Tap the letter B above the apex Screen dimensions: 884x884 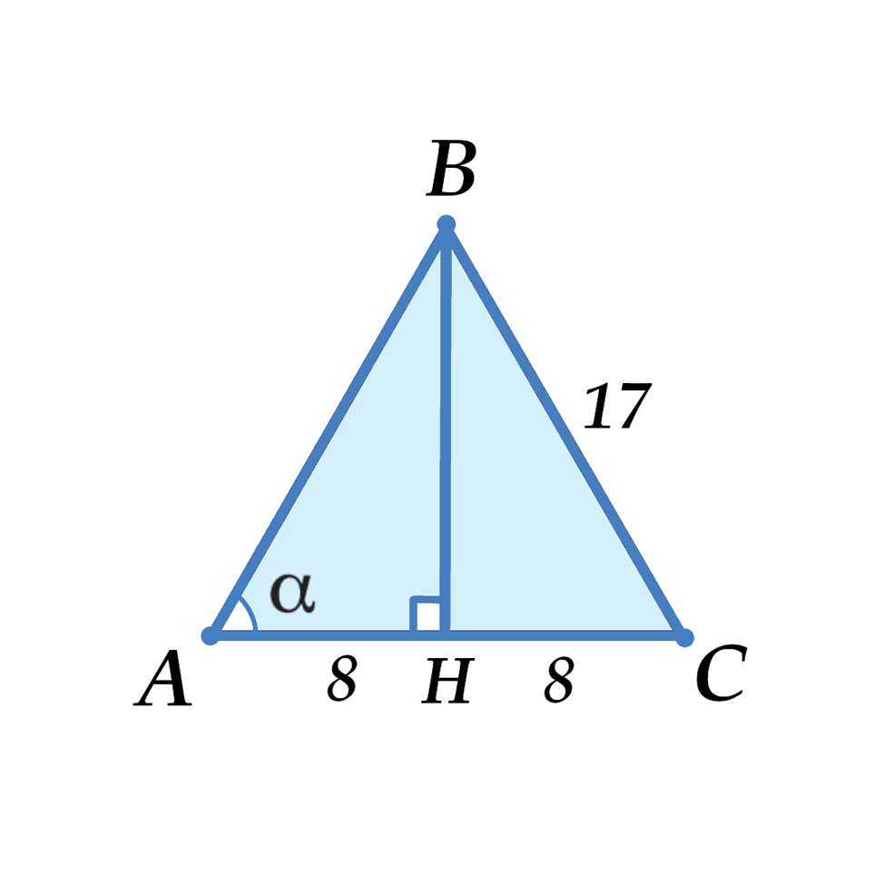pyautogui.click(x=452, y=170)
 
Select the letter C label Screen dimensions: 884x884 pyautogui.click(x=721, y=676)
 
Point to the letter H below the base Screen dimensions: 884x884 pyautogui.click(x=448, y=683)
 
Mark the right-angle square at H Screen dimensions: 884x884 pyautogui.click(x=427, y=614)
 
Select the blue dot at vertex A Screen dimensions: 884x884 pyautogui.click(x=211, y=634)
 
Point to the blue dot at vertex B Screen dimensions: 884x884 pyautogui.click(x=446, y=224)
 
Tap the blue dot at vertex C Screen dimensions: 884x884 pyautogui.click(x=684, y=635)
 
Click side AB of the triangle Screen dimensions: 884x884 pyautogui.click(x=328, y=429)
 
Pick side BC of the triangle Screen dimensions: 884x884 pyautogui.click(x=565, y=429)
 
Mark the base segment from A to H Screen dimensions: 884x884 pyautogui.click(x=318, y=634)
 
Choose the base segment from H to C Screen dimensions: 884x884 pyautogui.click(x=563, y=634)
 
